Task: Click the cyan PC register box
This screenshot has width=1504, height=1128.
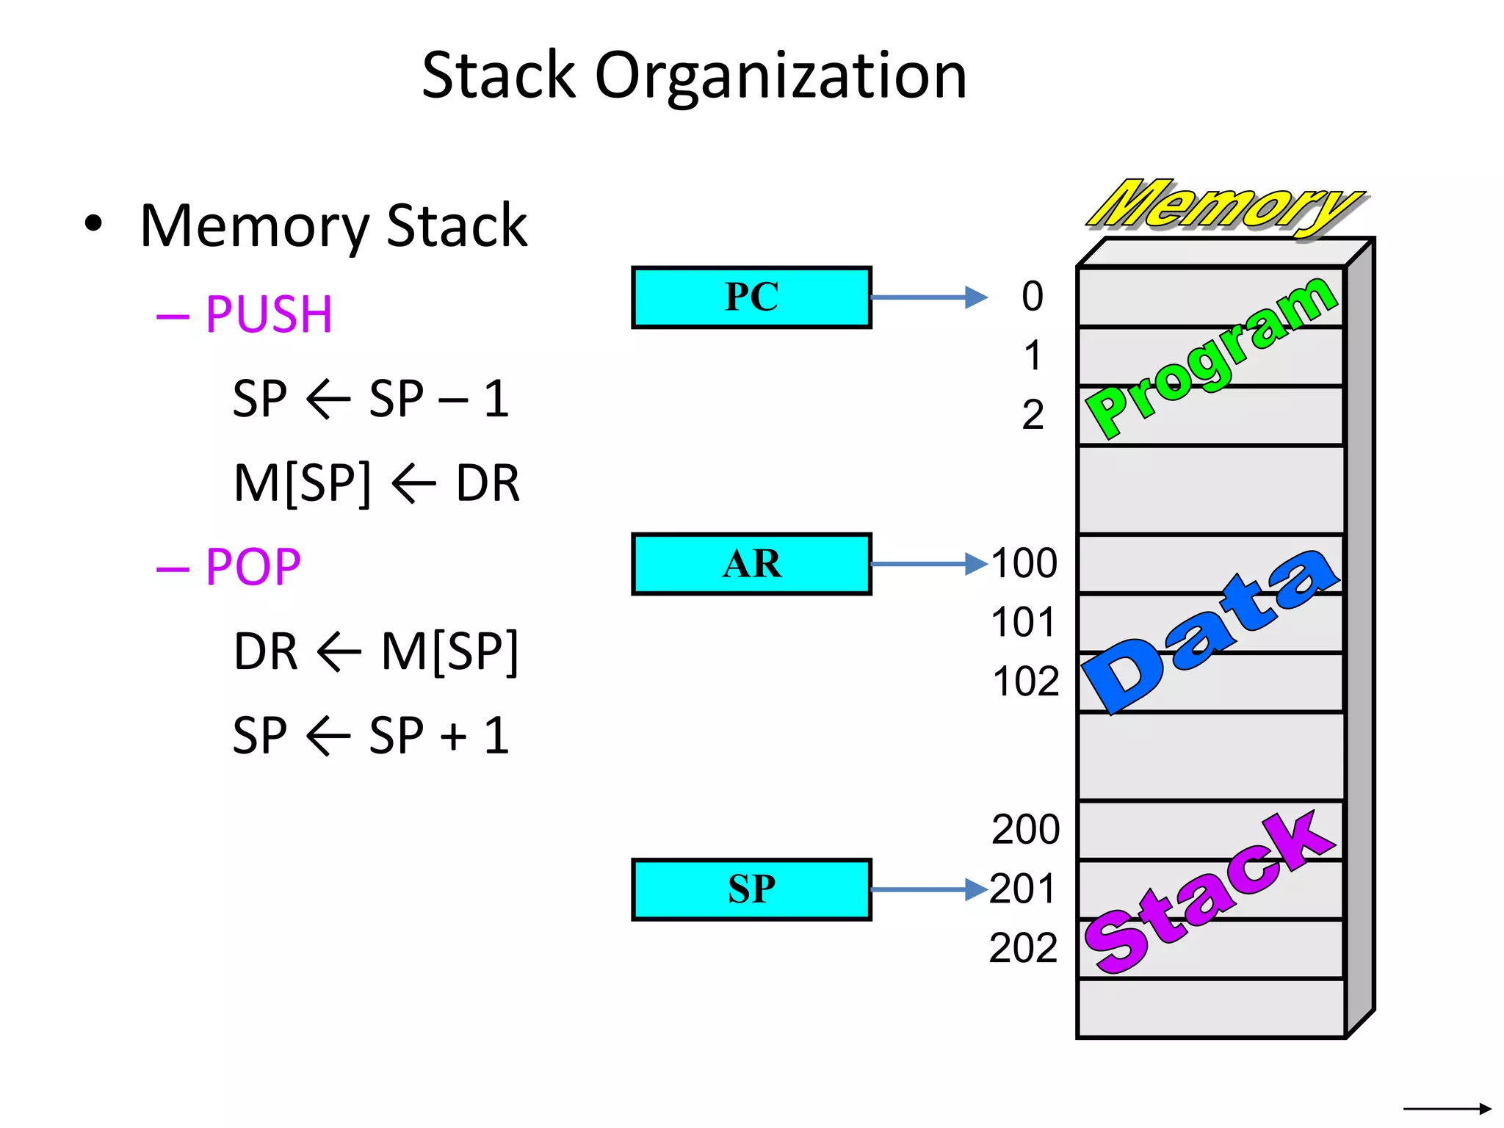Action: [751, 297]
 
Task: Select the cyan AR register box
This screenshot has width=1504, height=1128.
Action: [751, 564]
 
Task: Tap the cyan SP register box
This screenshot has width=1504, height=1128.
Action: [751, 889]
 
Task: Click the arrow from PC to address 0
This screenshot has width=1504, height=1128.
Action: [929, 297]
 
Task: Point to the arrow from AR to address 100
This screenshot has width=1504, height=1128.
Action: [929, 564]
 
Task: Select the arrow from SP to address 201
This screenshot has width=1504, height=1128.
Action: [929, 889]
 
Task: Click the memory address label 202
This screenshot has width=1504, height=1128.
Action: [1023, 948]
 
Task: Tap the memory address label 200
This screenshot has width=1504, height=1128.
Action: [1025, 830]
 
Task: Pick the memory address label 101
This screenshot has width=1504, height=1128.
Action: [1023, 623]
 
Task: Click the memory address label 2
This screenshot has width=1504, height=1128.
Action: [1033, 415]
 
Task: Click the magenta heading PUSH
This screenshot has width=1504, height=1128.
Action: [268, 315]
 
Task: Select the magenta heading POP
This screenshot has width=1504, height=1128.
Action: [253, 567]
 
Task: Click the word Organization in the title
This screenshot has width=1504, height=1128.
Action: [781, 76]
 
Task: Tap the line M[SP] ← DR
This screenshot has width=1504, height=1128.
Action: [376, 483]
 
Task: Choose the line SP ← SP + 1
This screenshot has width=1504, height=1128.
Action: [371, 735]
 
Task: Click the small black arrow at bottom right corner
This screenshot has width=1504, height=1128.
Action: [1447, 1108]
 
